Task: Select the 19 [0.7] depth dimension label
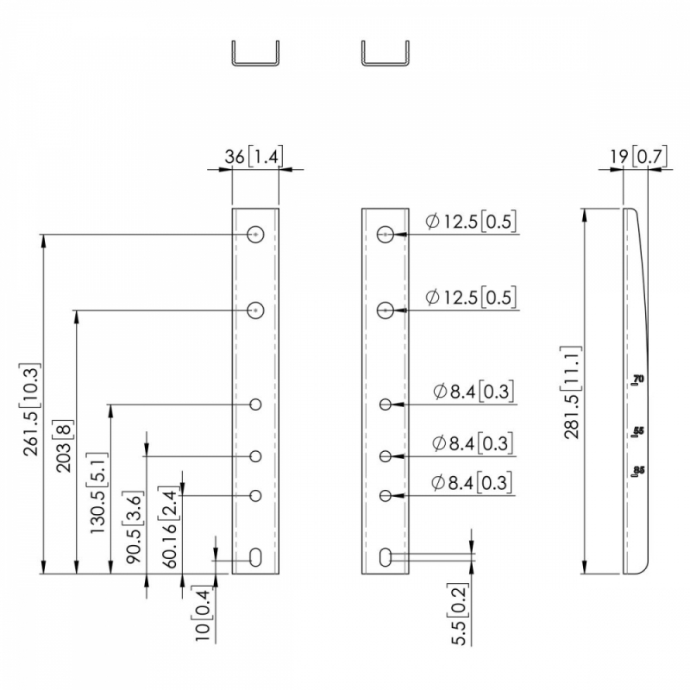pyautogui.click(x=638, y=156)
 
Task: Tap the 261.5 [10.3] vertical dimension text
pyautogui.click(x=32, y=410)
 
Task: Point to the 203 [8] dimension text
pyautogui.click(x=64, y=446)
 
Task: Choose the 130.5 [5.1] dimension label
pyautogui.click(x=98, y=492)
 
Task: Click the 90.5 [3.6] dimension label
pyautogui.click(x=134, y=528)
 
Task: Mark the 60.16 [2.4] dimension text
pyautogui.click(x=169, y=527)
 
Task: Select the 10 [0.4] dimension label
pyautogui.click(x=203, y=614)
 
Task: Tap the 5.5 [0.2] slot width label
pyautogui.click(x=459, y=614)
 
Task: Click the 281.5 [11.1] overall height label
pyautogui.click(x=572, y=392)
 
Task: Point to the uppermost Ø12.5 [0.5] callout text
pyautogui.click(x=471, y=222)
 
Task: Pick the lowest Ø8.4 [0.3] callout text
pyautogui.click(x=472, y=483)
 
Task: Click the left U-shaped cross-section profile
pyautogui.click(x=255, y=53)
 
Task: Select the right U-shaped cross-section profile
pyautogui.click(x=386, y=53)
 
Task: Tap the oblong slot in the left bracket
pyautogui.click(x=255, y=557)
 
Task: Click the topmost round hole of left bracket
pyautogui.click(x=255, y=235)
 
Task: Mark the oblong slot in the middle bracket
pyautogui.click(x=385, y=557)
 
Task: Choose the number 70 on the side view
pyautogui.click(x=638, y=378)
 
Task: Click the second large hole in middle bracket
pyautogui.click(x=385, y=310)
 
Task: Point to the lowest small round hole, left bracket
pyautogui.click(x=255, y=496)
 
